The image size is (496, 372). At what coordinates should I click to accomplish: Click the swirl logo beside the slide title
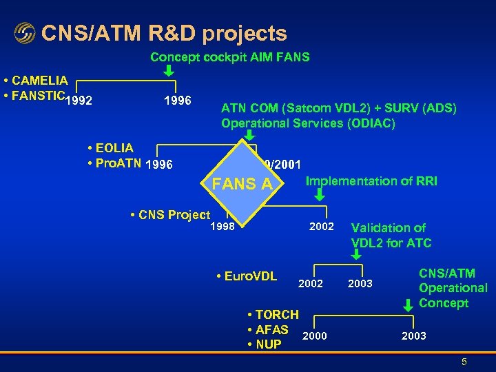[x=24, y=33]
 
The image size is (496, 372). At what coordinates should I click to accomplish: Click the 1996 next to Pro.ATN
[x=159, y=165]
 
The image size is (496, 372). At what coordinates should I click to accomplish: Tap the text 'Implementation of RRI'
[x=371, y=181]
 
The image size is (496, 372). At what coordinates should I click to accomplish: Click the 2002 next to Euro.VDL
[x=310, y=283]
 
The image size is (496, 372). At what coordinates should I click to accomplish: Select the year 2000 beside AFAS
[x=315, y=335]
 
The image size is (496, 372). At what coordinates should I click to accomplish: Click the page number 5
[x=464, y=361]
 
